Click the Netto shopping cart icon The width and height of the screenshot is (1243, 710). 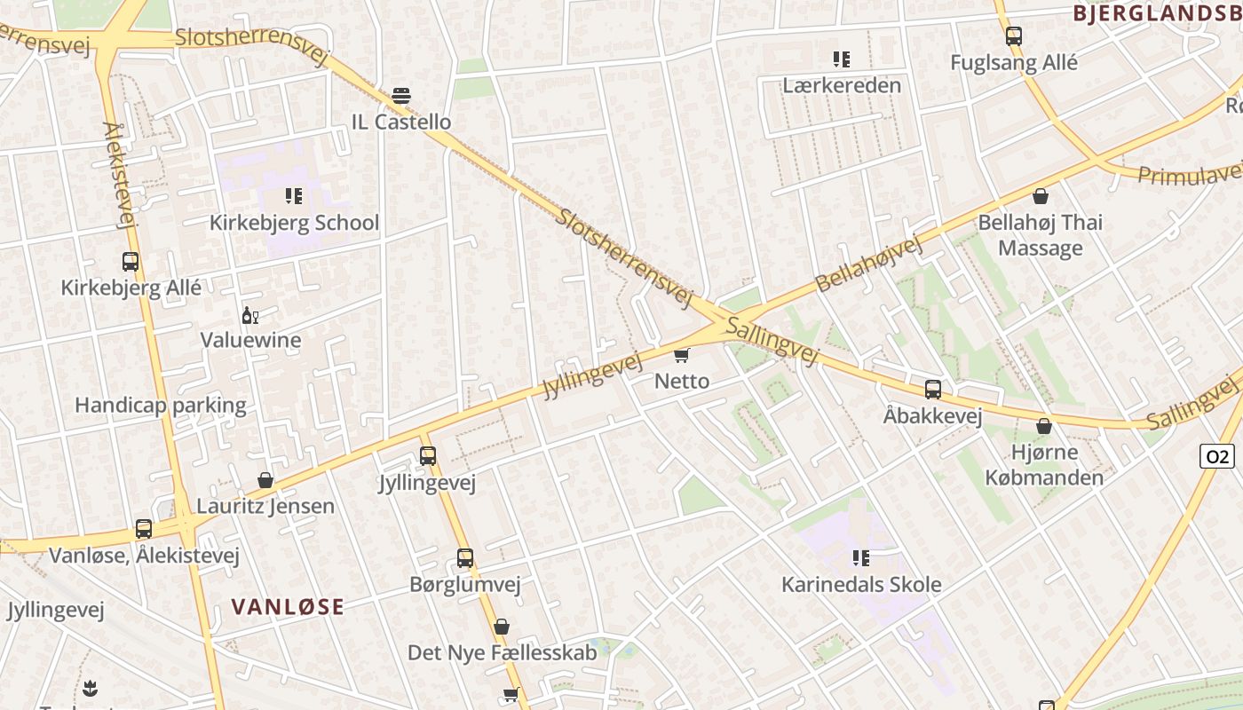click(681, 356)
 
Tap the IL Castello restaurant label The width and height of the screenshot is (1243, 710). click(401, 122)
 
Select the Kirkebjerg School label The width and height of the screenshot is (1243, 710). click(294, 223)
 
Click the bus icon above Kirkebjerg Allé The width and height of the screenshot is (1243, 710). click(131, 262)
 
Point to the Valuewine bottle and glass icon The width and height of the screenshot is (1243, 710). click(250, 315)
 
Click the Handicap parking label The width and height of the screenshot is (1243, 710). click(161, 406)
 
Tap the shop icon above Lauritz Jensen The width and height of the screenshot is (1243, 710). click(265, 481)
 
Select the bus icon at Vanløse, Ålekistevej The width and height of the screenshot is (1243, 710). click(144, 529)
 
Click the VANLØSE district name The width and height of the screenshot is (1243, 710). click(288, 607)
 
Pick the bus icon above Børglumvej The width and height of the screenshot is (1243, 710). click(465, 558)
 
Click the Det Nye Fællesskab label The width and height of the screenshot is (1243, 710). click(502, 653)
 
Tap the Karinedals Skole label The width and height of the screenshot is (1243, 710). click(861, 585)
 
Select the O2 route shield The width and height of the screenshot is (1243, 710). click(1216, 456)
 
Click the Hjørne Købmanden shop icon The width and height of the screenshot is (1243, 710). click(1044, 427)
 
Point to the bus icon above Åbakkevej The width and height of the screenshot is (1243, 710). click(933, 390)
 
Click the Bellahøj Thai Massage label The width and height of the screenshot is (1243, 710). click(1040, 235)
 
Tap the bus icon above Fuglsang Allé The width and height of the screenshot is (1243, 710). click(1014, 36)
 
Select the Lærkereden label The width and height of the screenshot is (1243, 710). click(842, 85)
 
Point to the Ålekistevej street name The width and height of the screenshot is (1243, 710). click(121, 176)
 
